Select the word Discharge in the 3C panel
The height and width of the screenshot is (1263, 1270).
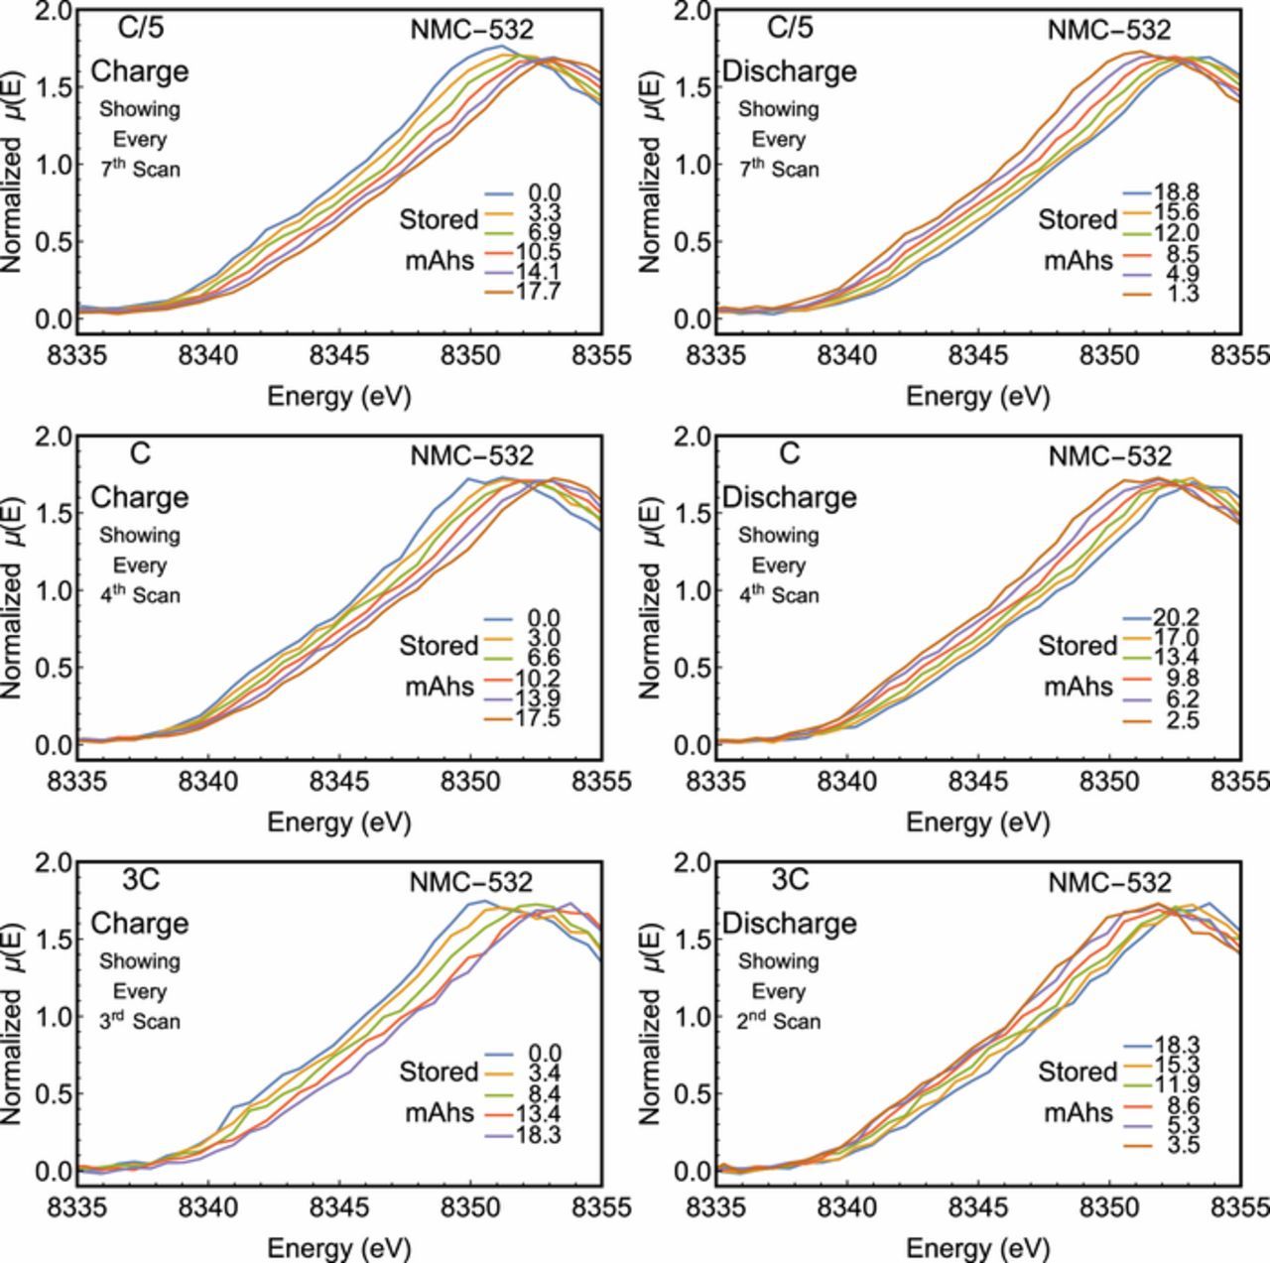point(789,924)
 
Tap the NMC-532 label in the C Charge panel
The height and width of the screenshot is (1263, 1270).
point(472,455)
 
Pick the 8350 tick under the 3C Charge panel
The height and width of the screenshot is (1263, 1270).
point(470,1206)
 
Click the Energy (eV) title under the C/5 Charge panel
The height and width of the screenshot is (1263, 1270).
point(339,396)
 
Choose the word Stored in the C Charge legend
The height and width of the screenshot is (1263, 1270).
point(440,646)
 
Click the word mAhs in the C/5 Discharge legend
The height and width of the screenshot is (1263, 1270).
point(1079,260)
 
